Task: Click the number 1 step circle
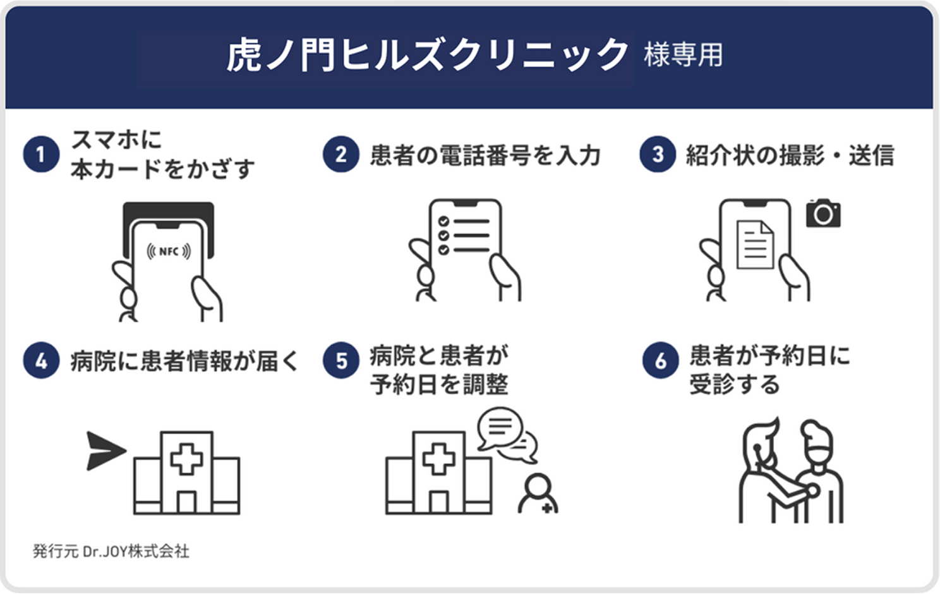pos(41,155)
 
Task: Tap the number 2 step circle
pos(341,155)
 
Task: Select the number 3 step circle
pos(658,155)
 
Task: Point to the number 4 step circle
pos(41,361)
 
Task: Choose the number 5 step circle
pos(341,361)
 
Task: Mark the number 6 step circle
pos(661,361)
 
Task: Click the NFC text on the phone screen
pos(168,252)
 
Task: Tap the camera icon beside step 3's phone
pos(824,214)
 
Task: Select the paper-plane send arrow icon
pos(105,451)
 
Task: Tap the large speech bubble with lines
pos(500,428)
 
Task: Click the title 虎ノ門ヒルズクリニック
pos(428,56)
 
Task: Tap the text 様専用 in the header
pos(683,56)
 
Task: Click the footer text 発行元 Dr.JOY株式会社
pos(111,551)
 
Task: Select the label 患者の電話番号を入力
pos(485,155)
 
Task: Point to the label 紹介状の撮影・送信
pos(790,155)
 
